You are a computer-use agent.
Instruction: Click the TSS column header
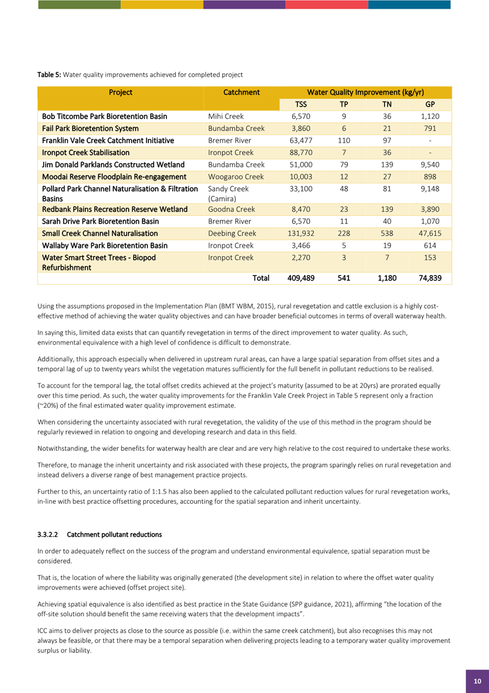301,104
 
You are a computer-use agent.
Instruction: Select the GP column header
430,104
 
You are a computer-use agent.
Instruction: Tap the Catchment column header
241,92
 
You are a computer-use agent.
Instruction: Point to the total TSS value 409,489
301,278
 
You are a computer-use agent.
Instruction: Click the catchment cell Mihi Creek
227,116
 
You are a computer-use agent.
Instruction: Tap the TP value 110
344,140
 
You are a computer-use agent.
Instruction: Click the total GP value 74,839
430,278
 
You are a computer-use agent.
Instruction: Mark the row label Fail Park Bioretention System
90,128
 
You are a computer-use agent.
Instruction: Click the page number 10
477,681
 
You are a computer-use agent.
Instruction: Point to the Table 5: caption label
49,75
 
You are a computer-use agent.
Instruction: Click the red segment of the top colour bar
327,5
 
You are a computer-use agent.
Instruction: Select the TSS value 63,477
301,140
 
